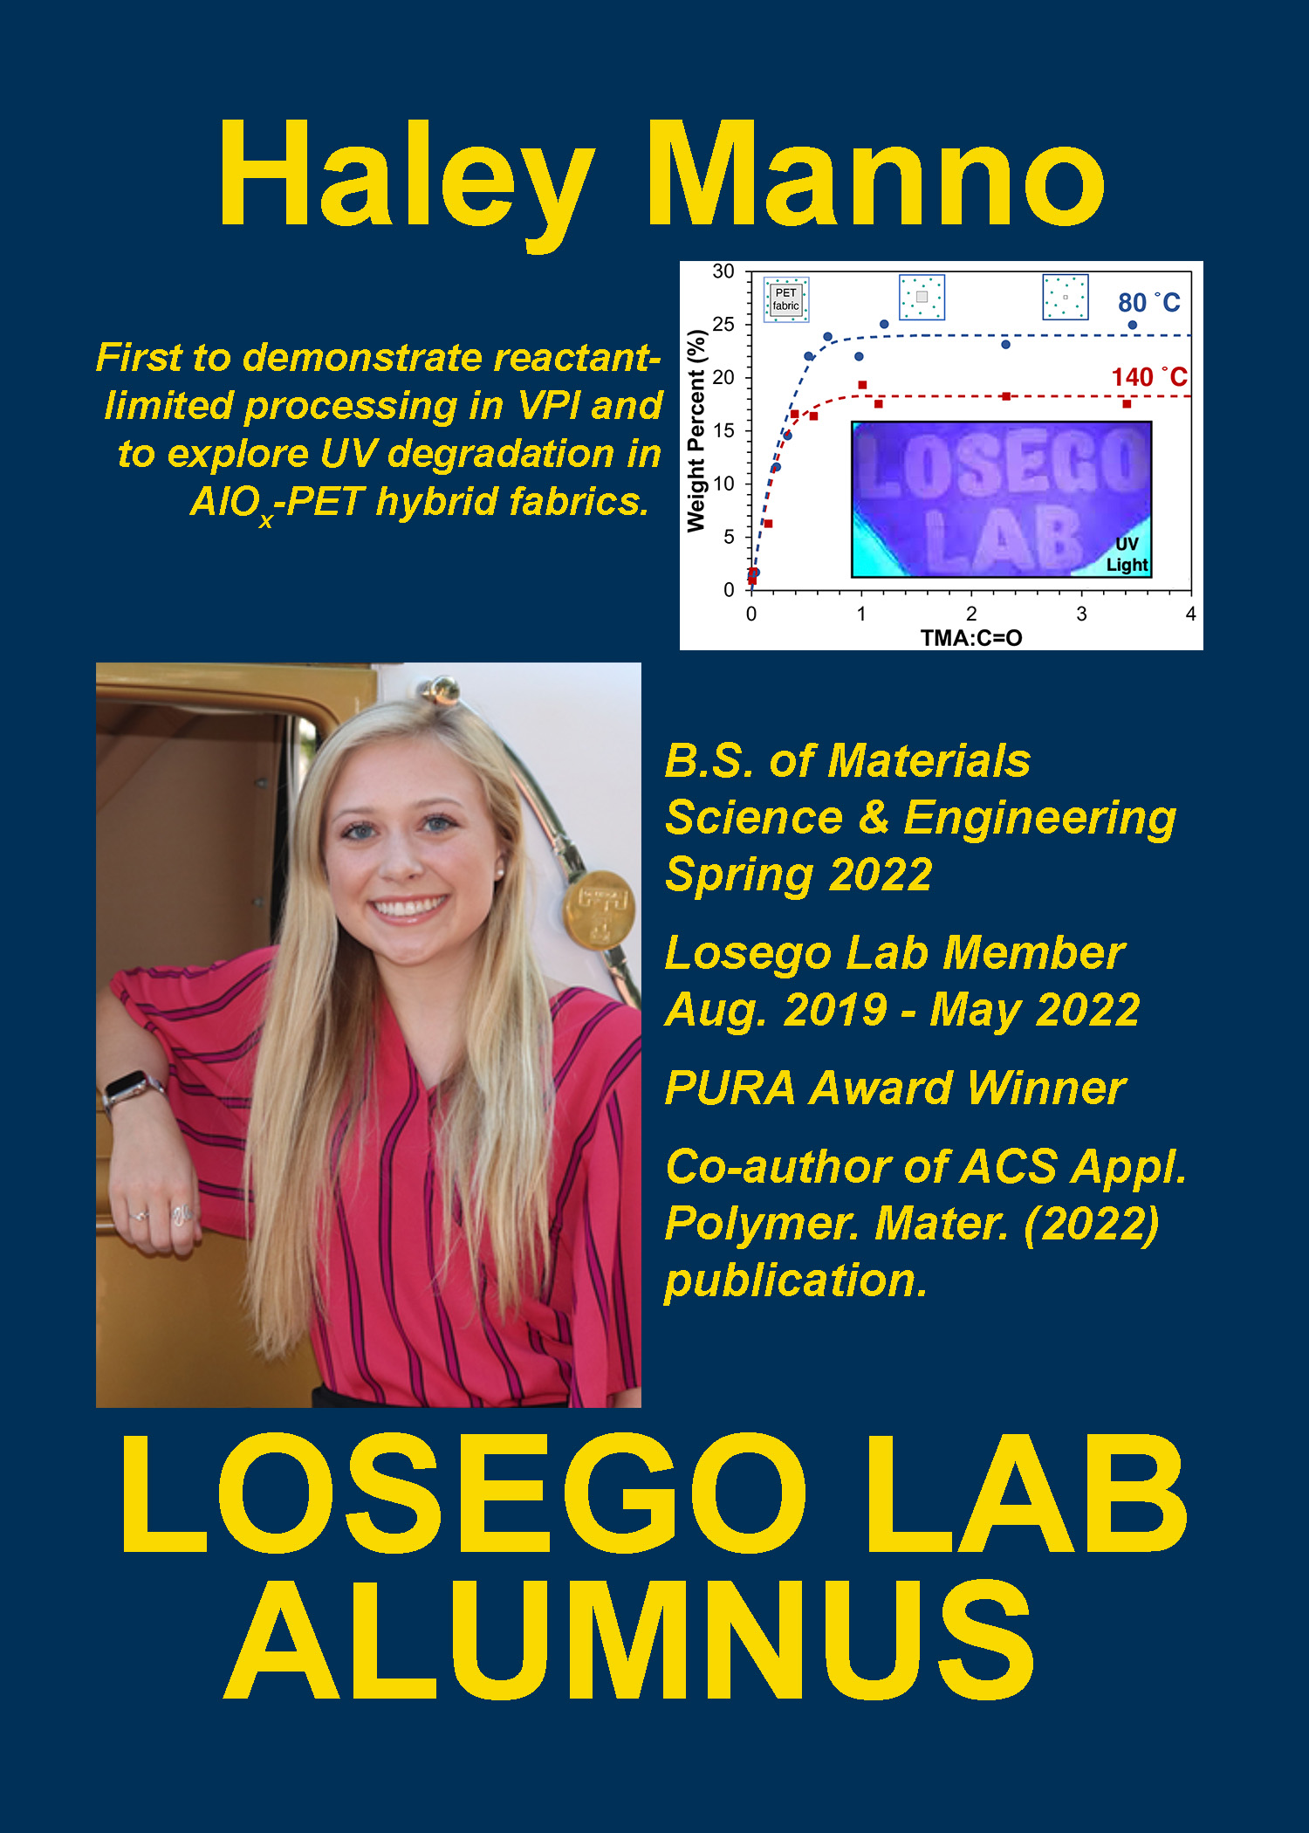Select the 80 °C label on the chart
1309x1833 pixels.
click(x=1148, y=303)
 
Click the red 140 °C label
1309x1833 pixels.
click(x=1149, y=377)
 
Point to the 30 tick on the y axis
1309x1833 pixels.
click(x=723, y=271)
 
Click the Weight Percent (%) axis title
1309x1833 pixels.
click(x=696, y=431)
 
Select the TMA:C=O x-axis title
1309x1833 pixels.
click(x=971, y=638)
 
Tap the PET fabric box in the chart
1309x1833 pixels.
click(x=786, y=299)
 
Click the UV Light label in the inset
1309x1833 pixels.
click(x=1127, y=554)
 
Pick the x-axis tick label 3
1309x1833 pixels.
click(x=1081, y=614)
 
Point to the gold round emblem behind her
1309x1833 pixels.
click(x=599, y=910)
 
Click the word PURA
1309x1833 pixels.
click(x=730, y=1088)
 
